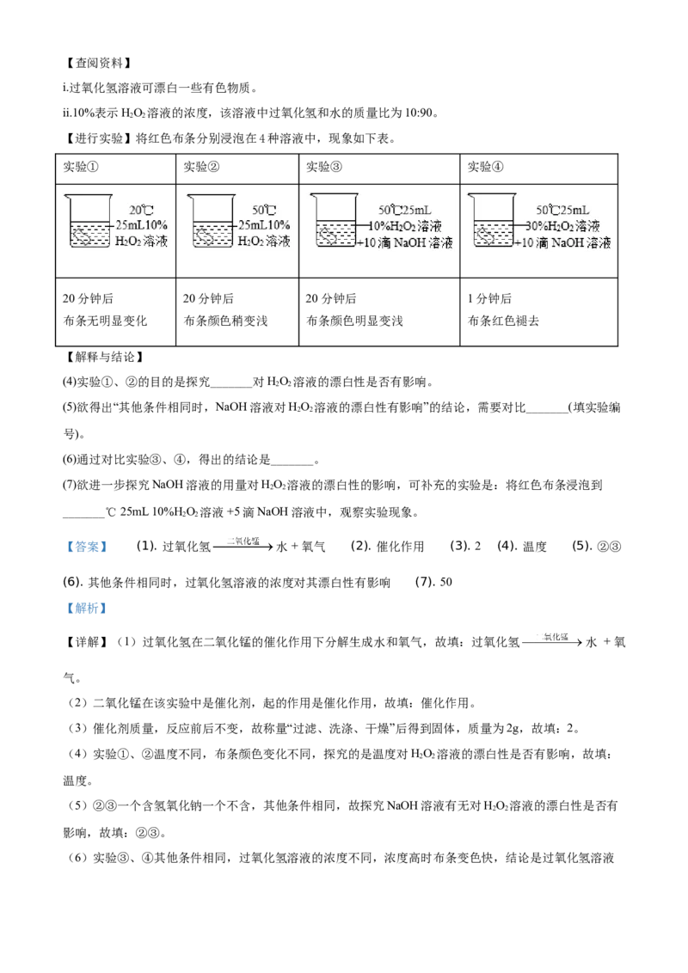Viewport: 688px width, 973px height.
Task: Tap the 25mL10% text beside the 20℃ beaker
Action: pyautogui.click(x=143, y=225)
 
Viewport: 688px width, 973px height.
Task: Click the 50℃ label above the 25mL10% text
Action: pyautogui.click(x=264, y=210)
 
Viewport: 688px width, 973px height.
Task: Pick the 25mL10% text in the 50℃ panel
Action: pyautogui.click(x=265, y=225)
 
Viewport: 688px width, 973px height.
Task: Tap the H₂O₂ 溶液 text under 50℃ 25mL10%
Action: pyautogui.click(x=264, y=242)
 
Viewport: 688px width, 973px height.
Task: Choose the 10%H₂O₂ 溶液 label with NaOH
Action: pyautogui.click(x=405, y=226)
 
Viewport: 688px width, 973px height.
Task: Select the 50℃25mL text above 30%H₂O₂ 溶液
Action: pyautogui.click(x=562, y=210)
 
